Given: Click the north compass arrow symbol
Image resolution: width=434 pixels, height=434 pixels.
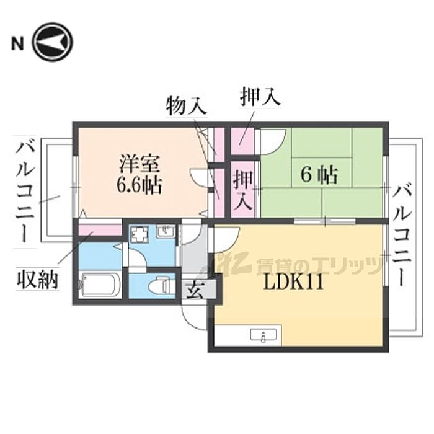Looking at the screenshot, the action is coord(53,42).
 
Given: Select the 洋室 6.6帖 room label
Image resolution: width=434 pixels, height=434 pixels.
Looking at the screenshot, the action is coord(139,174).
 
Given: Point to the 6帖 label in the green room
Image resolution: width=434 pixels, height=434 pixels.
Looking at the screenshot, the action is coord(319,175).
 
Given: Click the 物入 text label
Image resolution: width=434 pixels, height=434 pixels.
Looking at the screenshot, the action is coord(186,106).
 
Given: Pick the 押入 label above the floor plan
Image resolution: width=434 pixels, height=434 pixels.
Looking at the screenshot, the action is coord(260,96).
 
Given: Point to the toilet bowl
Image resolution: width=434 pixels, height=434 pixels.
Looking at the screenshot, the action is coord(153,286).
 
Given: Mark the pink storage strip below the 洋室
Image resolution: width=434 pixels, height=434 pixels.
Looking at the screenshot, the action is coord(99,231).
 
